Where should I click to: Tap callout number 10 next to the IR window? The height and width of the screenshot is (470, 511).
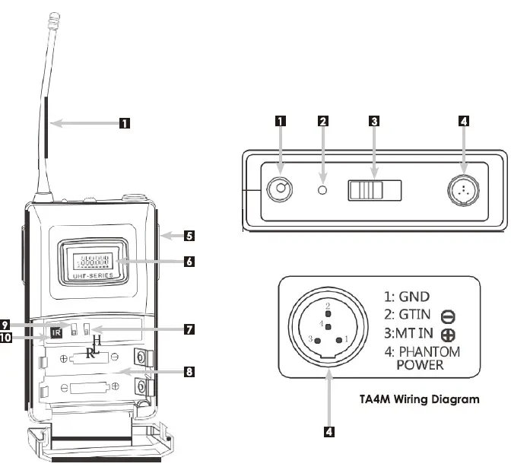pyautogui.click(x=6, y=339)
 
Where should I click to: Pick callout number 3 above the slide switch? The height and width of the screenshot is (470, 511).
pyautogui.click(x=373, y=120)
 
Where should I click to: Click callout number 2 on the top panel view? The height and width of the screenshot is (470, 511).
pyautogui.click(x=323, y=120)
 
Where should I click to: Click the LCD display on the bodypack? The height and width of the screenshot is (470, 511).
pyautogui.click(x=95, y=260)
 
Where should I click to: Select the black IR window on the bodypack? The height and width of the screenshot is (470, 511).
pyautogui.click(x=56, y=332)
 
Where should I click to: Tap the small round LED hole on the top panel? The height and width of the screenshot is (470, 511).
pyautogui.click(x=323, y=189)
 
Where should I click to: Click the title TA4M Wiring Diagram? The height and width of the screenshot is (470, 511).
pyautogui.click(x=419, y=398)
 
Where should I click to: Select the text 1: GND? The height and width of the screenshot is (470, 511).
pyautogui.click(x=408, y=297)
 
